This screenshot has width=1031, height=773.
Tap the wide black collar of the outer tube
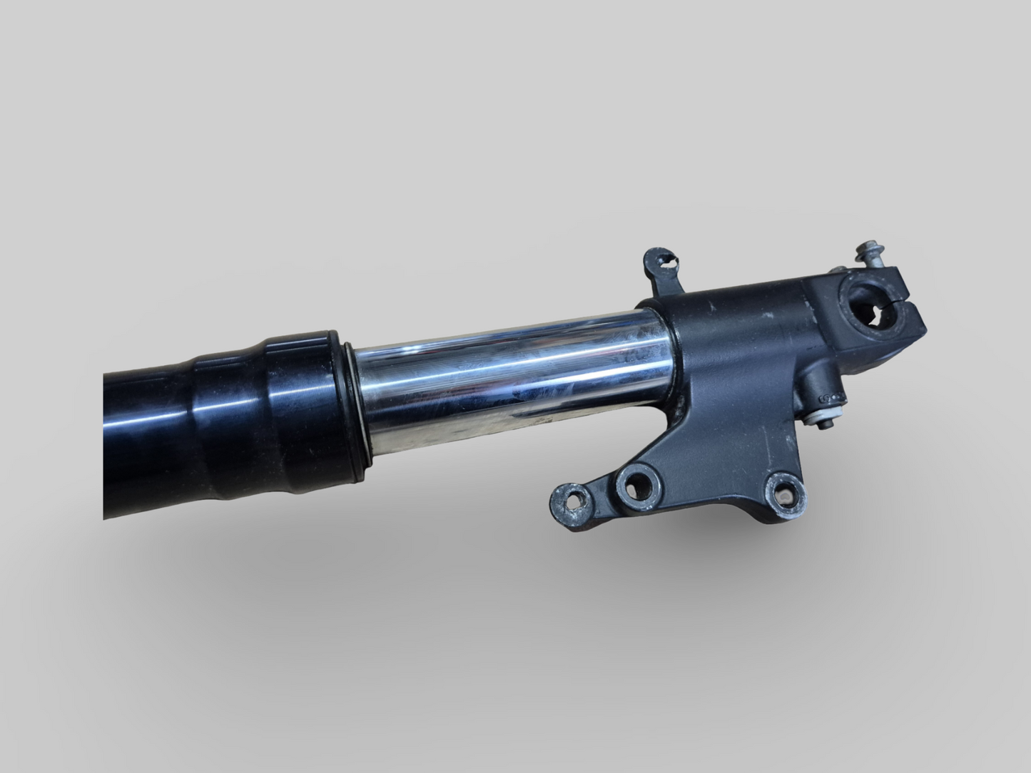click(300, 403)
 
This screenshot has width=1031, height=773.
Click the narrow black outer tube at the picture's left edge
click(143, 442)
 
